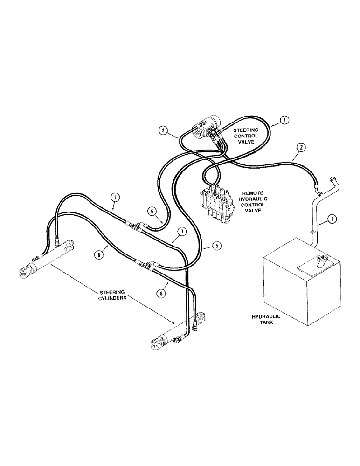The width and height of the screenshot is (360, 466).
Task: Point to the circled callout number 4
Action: tap(284, 120)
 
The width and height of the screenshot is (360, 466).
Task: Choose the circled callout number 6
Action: tap(151, 211)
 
